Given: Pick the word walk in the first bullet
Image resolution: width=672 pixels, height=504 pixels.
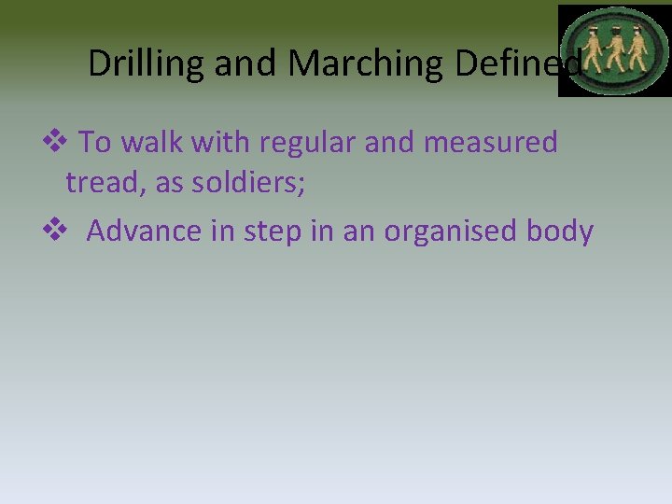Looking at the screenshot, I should [149, 143].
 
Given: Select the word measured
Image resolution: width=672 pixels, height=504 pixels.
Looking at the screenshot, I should [491, 143].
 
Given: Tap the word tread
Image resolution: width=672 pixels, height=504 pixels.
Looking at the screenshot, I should [105, 183].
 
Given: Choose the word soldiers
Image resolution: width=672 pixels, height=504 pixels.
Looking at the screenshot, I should [248, 183].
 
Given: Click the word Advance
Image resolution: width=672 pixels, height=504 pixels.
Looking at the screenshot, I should [145, 231].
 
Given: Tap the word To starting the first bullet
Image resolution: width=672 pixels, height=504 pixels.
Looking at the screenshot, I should [95, 143].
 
